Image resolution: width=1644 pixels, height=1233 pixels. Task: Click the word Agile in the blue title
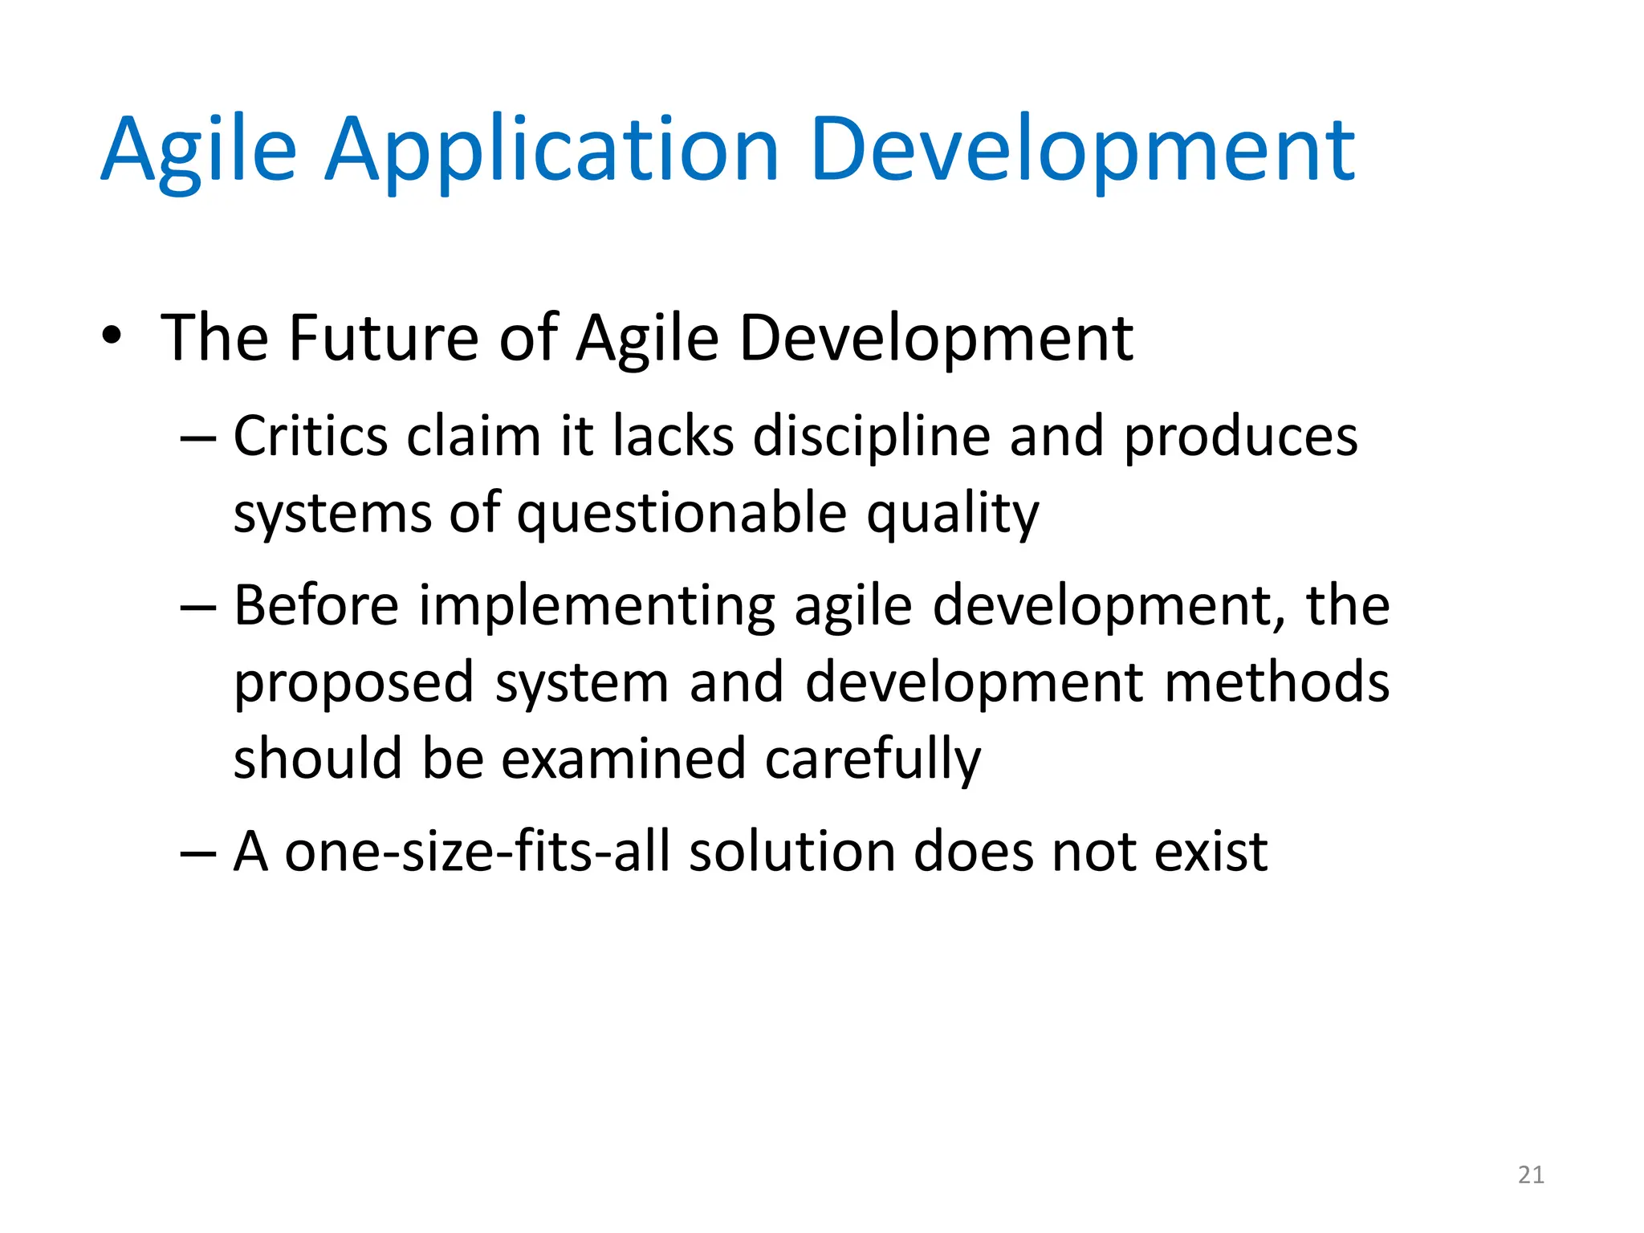pos(198,150)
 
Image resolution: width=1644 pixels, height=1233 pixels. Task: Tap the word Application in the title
pos(551,150)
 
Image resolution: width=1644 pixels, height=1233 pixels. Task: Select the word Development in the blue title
pos(1082,150)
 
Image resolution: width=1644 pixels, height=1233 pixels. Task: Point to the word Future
pos(383,337)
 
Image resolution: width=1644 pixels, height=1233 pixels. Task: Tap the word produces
pos(1239,438)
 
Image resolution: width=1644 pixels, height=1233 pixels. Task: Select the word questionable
pos(682,514)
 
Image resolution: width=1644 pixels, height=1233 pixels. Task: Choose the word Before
pos(315,605)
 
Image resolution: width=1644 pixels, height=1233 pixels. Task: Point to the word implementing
pos(596,607)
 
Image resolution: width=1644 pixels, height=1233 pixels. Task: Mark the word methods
pos(1276,682)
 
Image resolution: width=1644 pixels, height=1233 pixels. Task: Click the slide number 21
pos(1531,1175)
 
